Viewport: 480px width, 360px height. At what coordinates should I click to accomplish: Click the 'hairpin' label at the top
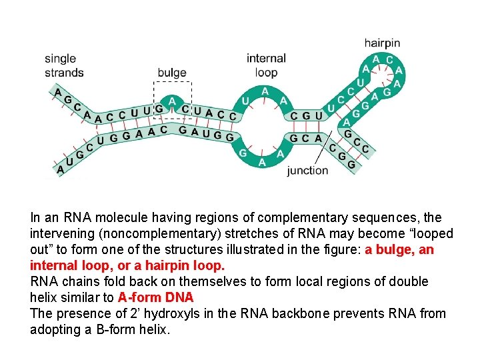[x=383, y=43]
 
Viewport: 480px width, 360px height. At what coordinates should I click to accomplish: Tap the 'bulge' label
[x=172, y=73]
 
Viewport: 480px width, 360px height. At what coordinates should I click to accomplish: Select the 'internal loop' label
[x=266, y=65]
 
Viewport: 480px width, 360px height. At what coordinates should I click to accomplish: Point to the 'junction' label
[x=307, y=170]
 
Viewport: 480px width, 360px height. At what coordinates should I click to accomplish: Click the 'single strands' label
[x=64, y=65]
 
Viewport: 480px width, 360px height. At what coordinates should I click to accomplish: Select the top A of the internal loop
[x=265, y=91]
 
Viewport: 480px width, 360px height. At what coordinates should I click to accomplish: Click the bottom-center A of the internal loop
[x=262, y=162]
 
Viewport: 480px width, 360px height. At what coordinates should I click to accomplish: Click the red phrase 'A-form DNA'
[x=155, y=297]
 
